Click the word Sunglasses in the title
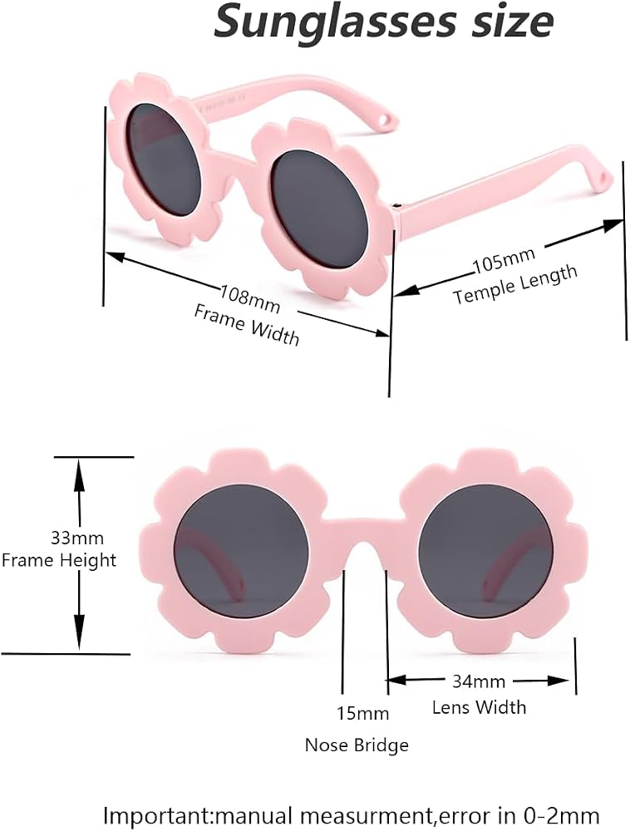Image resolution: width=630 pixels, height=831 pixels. click(x=335, y=22)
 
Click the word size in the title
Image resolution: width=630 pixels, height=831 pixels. click(x=509, y=22)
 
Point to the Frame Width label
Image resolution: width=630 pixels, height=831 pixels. click(x=246, y=324)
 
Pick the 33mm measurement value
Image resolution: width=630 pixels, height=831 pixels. click(x=76, y=538)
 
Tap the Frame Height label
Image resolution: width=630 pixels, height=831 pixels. click(x=59, y=560)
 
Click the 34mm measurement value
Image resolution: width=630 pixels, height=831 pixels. click(x=479, y=681)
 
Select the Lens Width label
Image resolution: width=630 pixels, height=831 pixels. click(x=479, y=707)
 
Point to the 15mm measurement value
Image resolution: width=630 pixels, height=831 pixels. click(x=363, y=713)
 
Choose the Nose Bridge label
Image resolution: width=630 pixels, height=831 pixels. click(x=357, y=745)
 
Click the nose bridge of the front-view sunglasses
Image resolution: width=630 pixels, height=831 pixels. click(x=366, y=533)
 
